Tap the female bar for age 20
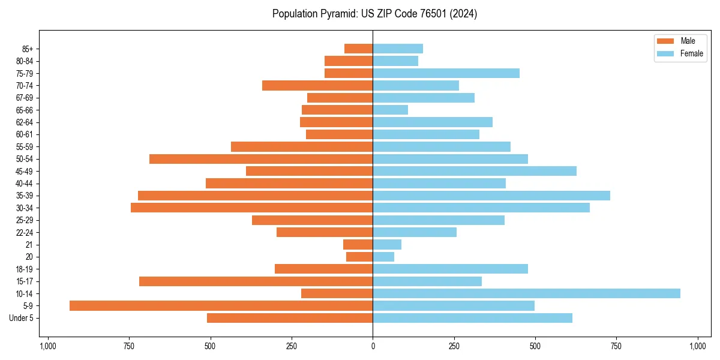tap(383, 257)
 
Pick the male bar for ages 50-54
tap(261, 159)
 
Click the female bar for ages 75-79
tap(446, 73)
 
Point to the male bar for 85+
tap(358, 49)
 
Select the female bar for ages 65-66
tap(390, 110)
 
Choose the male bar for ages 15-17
tap(256, 281)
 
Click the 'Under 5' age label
tap(21, 318)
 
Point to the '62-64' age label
tap(24, 122)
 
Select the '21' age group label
tap(29, 245)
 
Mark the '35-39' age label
tap(24, 196)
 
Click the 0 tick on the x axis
tap(373, 346)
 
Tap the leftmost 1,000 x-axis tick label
tap(47, 346)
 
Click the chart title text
tap(374, 14)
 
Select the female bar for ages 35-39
tap(491, 196)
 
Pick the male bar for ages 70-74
tap(317, 85)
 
